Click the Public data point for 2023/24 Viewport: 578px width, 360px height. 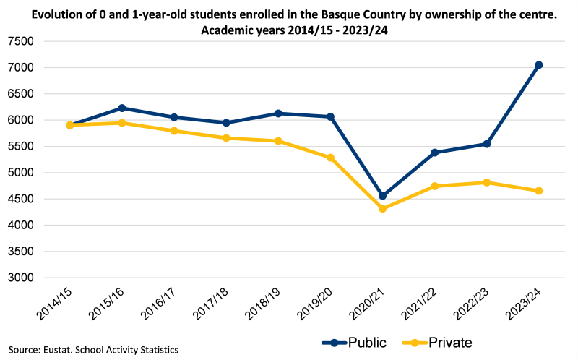tap(538, 65)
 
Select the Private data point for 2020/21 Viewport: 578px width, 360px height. tap(383, 209)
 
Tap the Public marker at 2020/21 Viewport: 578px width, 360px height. tap(383, 196)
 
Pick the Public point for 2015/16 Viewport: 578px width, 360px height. tap(122, 108)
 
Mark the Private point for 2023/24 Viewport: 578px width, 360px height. tap(538, 191)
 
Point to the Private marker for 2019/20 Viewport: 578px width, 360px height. tap(331, 158)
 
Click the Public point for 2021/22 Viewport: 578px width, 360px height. tap(435, 153)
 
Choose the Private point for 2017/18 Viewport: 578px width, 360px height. tap(226, 138)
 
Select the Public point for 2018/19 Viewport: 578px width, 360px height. tap(279, 113)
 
